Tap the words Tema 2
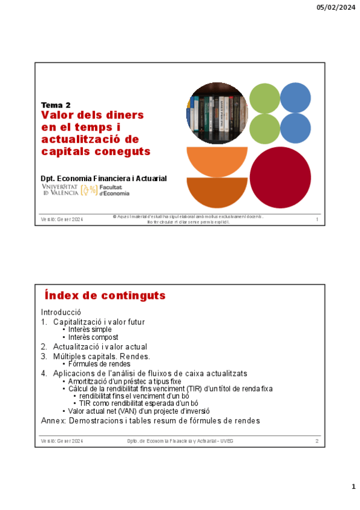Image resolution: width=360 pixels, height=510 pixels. click(55, 105)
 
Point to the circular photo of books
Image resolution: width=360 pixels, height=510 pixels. click(217, 113)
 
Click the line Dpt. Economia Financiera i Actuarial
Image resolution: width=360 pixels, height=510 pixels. click(103, 179)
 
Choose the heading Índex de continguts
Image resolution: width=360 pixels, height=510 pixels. click(105, 296)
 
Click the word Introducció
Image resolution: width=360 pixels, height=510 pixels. click(61, 313)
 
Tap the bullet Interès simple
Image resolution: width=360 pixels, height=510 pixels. click(90, 330)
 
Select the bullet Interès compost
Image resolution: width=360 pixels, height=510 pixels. click(93, 337)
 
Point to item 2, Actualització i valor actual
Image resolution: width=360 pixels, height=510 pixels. click(99, 347)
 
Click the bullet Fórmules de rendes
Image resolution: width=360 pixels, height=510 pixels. click(99, 364)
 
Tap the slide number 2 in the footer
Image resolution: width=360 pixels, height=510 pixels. click(316, 442)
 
